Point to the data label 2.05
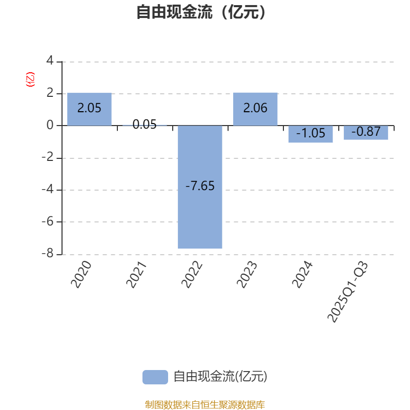pos(89,108)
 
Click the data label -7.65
pos(200,186)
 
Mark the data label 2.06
pos(255,108)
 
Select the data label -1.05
pos(311,133)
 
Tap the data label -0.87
pos(366,132)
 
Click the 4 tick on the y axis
pos(50,61)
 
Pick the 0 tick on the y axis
pos(50,126)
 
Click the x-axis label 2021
pos(137,275)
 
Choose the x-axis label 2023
pos(248,275)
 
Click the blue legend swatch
pos(155,377)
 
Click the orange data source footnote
pos(205,405)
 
